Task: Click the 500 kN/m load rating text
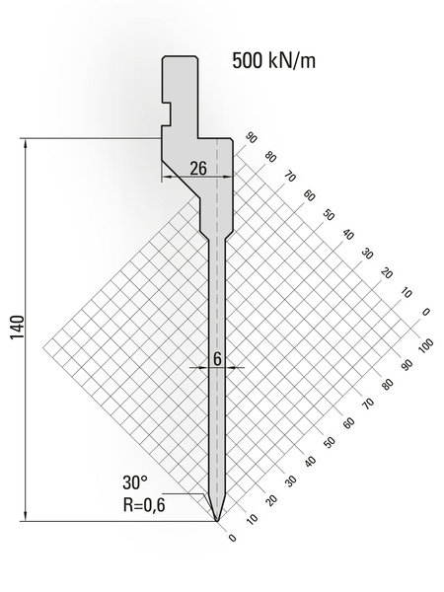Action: [x=273, y=61]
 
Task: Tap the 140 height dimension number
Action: [x=18, y=327]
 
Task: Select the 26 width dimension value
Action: [x=198, y=169]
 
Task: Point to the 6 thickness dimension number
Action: [x=217, y=359]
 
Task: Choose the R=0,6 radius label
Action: [x=144, y=504]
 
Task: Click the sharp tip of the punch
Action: [x=217, y=521]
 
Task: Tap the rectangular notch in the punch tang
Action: [x=167, y=113]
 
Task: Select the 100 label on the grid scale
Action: [x=426, y=344]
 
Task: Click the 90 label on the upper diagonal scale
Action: [x=251, y=138]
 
